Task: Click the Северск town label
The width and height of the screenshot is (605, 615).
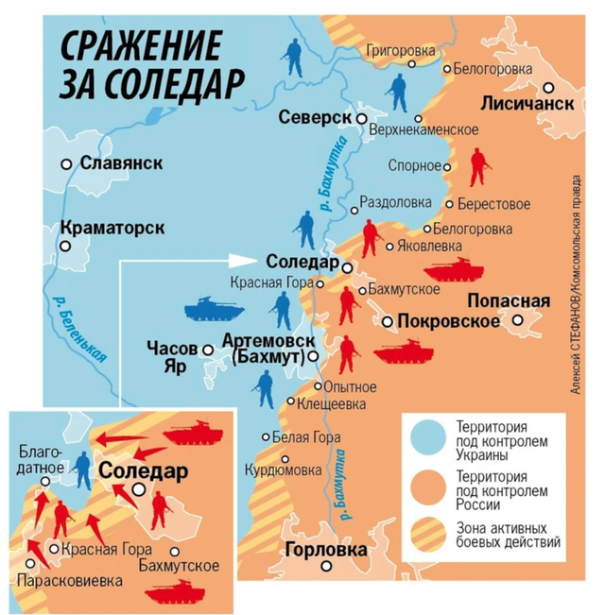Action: [x=316, y=117]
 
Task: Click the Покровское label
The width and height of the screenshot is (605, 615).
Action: [x=448, y=322]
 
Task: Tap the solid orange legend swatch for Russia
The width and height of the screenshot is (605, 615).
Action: [x=429, y=487]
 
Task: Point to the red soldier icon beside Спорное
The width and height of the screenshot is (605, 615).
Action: [x=479, y=167]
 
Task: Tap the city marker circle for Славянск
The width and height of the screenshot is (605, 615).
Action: [x=67, y=163]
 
